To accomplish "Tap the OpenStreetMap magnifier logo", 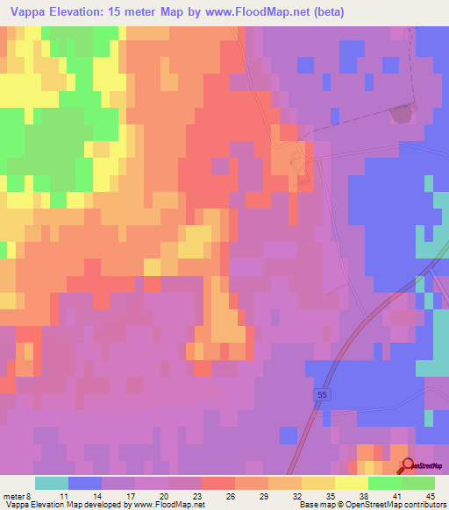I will point(410,465).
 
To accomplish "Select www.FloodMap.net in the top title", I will point(264,12).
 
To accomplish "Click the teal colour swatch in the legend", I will point(52,483).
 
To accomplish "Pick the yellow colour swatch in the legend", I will point(352,483).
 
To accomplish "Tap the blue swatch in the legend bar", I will point(85,483).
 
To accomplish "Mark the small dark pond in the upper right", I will point(402,114).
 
